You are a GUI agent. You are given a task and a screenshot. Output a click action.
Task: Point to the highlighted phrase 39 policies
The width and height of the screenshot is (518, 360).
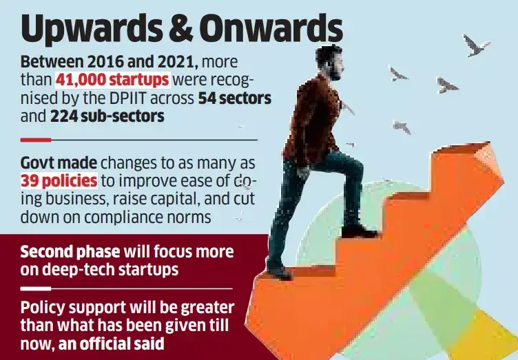point(59,181)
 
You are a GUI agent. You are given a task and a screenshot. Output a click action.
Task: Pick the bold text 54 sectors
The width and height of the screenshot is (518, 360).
point(235,98)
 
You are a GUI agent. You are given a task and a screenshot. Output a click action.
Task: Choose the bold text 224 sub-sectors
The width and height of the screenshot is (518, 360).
point(107,116)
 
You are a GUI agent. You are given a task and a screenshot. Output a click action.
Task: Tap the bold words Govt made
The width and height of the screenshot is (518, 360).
point(59,163)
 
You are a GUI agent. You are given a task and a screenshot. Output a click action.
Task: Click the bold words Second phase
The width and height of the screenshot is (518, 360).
point(69,251)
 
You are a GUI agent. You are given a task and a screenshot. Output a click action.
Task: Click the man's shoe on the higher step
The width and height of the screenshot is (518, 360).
point(358,231)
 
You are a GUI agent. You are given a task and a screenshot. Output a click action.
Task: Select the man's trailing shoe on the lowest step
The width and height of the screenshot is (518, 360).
point(279,271)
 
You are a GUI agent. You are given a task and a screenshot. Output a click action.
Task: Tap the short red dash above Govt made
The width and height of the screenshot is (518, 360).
point(36,140)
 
